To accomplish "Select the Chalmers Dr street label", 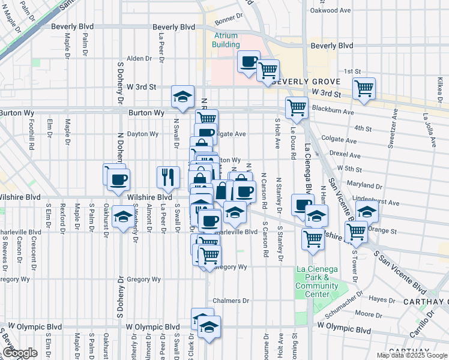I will (231, 301).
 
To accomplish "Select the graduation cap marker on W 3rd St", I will (182, 97).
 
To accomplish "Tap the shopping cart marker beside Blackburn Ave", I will (297, 108).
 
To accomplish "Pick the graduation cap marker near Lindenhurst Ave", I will (367, 211).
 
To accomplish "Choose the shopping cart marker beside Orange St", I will (357, 230).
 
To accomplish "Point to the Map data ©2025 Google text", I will (412, 355).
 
